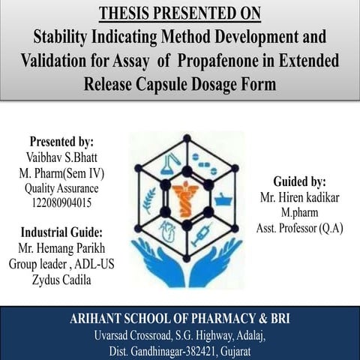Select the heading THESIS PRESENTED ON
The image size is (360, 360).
[x=180, y=13]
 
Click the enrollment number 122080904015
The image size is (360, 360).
[x=61, y=202]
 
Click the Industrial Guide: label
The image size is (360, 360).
[x=61, y=231]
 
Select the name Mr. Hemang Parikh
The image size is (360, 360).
[x=61, y=247]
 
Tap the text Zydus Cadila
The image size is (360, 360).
[x=61, y=279]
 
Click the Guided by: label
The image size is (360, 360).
[x=298, y=181]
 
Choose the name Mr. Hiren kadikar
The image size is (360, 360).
[x=298, y=198]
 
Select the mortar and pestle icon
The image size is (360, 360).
[x=223, y=199]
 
